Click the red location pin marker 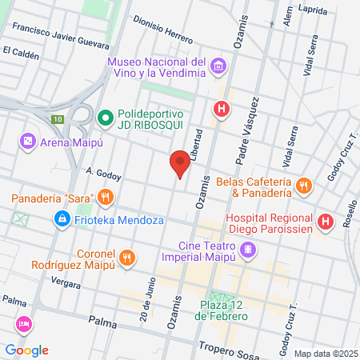coord(180,162)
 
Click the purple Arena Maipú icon coord(27,142)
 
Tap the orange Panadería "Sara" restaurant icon coord(104,197)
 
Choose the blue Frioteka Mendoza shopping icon coord(61,218)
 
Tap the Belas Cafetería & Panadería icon coord(302,186)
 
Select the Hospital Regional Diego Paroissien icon coord(325,222)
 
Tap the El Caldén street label coord(21,51)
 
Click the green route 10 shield coord(57,119)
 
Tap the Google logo coord(26,350)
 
